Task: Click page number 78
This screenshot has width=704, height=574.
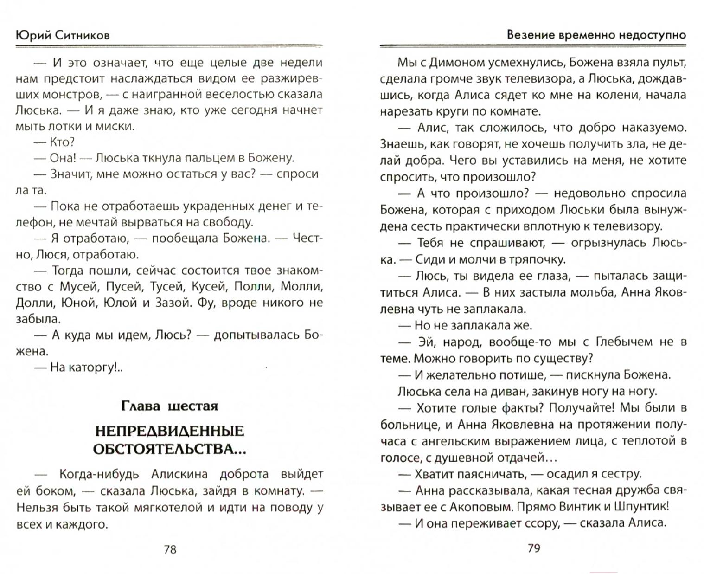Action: tap(170, 549)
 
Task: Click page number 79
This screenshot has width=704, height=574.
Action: tap(534, 548)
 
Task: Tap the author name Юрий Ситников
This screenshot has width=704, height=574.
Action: tap(63, 35)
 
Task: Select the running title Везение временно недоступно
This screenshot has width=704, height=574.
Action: tap(596, 35)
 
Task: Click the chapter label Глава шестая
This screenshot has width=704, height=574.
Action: tap(169, 406)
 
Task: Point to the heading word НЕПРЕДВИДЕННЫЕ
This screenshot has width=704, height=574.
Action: tap(169, 431)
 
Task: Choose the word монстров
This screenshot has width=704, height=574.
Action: tap(70, 94)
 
